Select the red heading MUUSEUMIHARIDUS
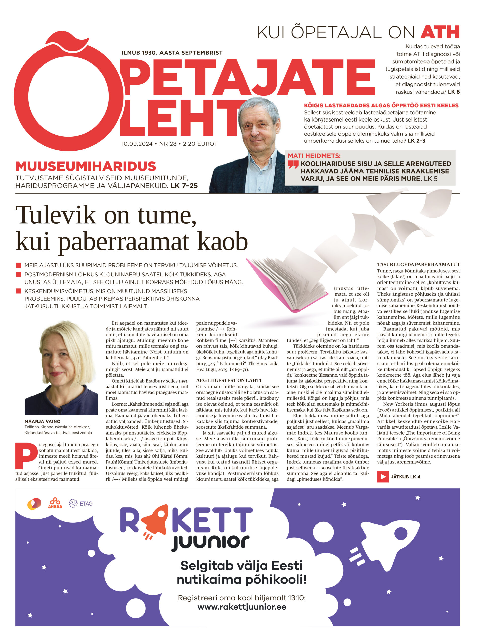pos(86,166)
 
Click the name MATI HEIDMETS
pos(314,156)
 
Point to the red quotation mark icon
pos(293,165)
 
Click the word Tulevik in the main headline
pos(55,215)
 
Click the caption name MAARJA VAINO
pos(43,421)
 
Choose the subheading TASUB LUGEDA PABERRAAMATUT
pos(418,265)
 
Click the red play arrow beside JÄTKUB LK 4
pos(383,477)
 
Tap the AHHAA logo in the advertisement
pos(55,503)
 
